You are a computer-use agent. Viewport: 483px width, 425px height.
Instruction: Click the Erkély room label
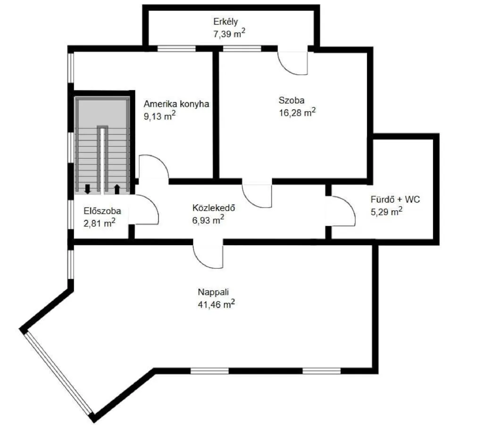pyautogui.click(x=225, y=21)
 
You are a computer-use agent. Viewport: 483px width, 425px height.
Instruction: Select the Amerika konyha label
pyautogui.click(x=176, y=104)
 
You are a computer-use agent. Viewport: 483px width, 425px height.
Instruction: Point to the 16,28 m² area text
pyautogui.click(x=297, y=112)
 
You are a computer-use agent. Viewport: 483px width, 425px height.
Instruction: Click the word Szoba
pyautogui.click(x=291, y=100)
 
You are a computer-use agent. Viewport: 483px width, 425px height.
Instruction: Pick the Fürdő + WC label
pyautogui.click(x=395, y=200)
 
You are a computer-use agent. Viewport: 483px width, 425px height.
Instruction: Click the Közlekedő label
pyautogui.click(x=214, y=208)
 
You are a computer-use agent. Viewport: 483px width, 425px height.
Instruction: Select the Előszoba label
pyautogui.click(x=102, y=211)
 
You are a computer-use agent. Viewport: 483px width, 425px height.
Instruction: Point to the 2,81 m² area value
pyautogui.click(x=100, y=223)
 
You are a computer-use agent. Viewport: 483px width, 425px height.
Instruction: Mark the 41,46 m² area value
pyautogui.click(x=217, y=304)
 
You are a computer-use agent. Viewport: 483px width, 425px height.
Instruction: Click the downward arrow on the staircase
pyautogui.click(x=87, y=189)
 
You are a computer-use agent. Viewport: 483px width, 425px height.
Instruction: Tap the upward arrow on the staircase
pyautogui.click(x=117, y=189)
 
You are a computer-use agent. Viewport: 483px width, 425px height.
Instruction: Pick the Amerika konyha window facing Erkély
pyautogui.click(x=176, y=48)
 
